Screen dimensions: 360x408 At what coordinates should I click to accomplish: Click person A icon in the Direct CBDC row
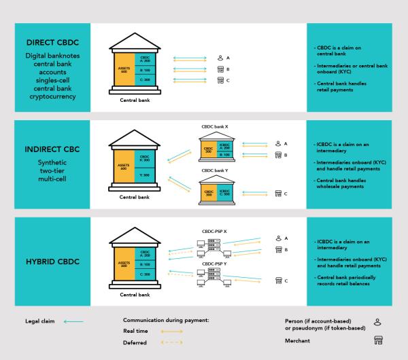220,58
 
